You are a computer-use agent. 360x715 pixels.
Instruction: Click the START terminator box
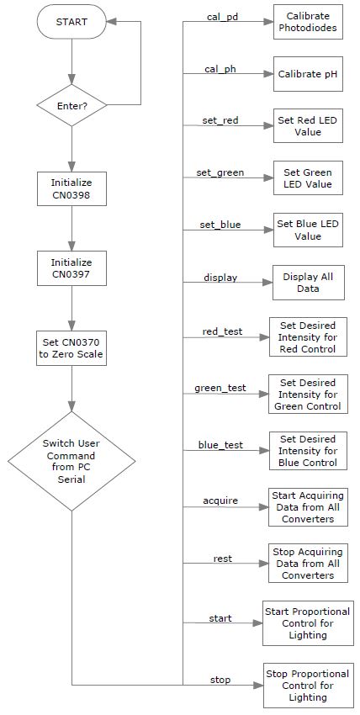[71, 21]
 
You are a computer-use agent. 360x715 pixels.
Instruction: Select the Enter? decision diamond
[71, 105]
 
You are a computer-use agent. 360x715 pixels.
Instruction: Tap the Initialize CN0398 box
[71, 188]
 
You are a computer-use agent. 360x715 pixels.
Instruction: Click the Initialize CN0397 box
[71, 268]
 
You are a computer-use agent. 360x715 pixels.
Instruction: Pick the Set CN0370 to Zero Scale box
[71, 348]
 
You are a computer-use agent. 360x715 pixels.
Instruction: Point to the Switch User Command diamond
[71, 461]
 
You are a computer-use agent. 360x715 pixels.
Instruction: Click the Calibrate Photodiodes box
[308, 22]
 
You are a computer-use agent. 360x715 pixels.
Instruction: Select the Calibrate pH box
[308, 74]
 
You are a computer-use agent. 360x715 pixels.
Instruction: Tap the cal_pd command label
[223, 17]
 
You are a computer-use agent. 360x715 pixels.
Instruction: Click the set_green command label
[220, 172]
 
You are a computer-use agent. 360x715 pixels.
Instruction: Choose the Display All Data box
[308, 283]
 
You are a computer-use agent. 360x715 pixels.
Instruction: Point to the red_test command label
[222, 331]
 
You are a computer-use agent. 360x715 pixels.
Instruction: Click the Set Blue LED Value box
[308, 230]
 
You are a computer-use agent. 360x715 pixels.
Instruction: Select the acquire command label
[220, 500]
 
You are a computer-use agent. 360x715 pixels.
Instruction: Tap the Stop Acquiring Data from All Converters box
[308, 563]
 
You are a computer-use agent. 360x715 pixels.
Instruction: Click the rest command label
[222, 559]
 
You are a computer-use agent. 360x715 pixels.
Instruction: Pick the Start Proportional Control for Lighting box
[308, 622]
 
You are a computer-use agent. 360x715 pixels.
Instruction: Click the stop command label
[220, 680]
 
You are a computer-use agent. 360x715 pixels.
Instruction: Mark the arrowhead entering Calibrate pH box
[268, 73]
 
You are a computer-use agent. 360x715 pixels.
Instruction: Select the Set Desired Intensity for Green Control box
[308, 394]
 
